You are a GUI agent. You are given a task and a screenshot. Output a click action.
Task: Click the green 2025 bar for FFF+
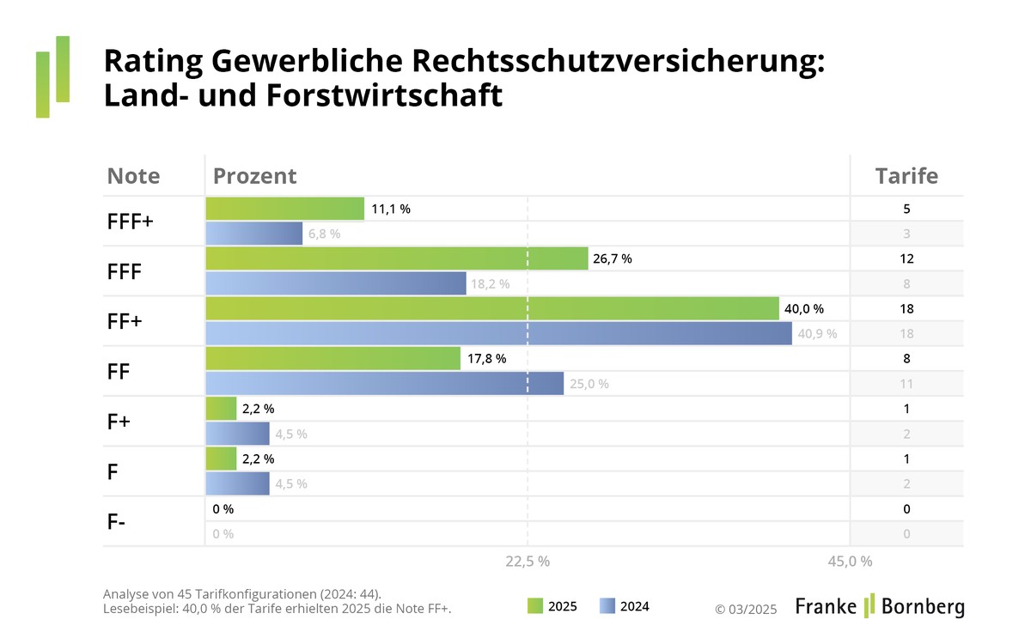point(284,209)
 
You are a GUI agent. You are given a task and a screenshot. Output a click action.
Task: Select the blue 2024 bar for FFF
point(336,283)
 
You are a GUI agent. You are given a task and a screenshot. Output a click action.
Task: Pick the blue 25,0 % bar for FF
point(385,383)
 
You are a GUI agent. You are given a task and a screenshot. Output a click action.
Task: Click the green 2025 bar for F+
point(221,409)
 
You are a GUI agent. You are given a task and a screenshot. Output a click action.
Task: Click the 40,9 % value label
point(817,333)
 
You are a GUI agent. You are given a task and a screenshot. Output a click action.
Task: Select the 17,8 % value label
point(486,358)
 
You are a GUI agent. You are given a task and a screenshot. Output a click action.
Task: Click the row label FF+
point(125,321)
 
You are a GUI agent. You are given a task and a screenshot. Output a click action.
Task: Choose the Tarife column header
point(906,176)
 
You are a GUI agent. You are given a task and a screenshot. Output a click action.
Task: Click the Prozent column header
point(254,176)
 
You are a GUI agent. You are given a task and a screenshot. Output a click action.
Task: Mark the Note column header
point(133,176)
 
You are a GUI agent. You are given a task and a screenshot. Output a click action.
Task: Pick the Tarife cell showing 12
point(906,258)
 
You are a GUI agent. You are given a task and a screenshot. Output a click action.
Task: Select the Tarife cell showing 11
point(906,383)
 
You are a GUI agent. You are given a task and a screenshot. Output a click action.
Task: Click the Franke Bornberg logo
point(879,605)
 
